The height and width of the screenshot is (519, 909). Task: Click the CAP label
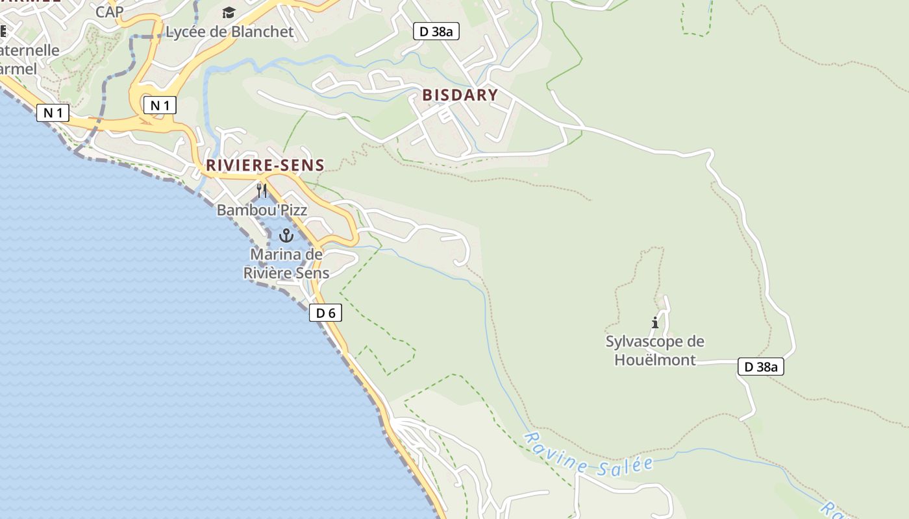pos(109,12)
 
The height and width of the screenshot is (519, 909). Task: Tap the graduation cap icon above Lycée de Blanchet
pos(229,12)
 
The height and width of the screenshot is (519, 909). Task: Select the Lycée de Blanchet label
pos(230,31)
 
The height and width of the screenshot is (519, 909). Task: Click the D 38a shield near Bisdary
pos(436,31)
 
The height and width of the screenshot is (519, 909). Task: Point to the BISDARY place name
pos(460,95)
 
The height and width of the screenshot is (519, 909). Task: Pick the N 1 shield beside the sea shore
pos(53,113)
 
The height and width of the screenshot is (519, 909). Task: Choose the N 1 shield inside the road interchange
pos(160,105)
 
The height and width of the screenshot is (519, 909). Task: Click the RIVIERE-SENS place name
pos(265,165)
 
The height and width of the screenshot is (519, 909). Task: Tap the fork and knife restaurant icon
pos(262,190)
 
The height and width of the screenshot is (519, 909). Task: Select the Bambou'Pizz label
pos(262,210)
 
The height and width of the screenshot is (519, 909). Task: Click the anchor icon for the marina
pos(286,235)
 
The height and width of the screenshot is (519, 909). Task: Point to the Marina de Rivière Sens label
pos(286,263)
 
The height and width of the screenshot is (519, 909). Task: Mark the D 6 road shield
pos(325,313)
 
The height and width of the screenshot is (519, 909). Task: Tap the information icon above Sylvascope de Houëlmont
pos(655,322)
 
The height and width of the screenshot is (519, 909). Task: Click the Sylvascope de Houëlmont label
pos(655,350)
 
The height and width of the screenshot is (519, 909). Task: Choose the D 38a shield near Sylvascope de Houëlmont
pos(761,367)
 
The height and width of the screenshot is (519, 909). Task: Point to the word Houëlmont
pos(655,359)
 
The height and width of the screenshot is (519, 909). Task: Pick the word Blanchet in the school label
pos(264,31)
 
